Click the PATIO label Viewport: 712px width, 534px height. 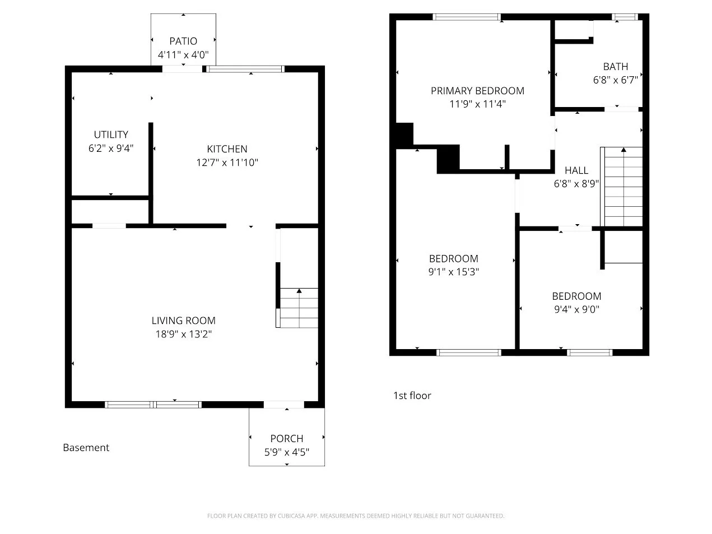pyautogui.click(x=183, y=41)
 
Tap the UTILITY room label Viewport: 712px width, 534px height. pyautogui.click(x=111, y=134)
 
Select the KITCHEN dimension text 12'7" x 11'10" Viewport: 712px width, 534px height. pyautogui.click(x=227, y=162)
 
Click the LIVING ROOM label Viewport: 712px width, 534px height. pyautogui.click(x=184, y=321)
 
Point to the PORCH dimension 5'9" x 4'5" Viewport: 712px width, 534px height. pyautogui.click(x=287, y=452)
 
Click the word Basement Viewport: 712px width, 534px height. pyautogui.click(x=86, y=448)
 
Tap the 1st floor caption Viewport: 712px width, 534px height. pyautogui.click(x=412, y=396)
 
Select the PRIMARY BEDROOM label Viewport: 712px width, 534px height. pyautogui.click(x=477, y=91)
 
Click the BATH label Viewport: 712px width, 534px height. pyautogui.click(x=616, y=67)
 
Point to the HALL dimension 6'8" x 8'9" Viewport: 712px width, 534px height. pyautogui.click(x=576, y=184)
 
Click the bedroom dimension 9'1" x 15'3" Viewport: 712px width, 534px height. pyautogui.click(x=454, y=272)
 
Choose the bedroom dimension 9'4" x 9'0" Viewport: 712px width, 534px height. pyautogui.click(x=577, y=309)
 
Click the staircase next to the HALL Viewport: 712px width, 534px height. pyautogui.click(x=621, y=187)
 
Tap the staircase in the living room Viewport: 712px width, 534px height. pyautogui.click(x=297, y=308)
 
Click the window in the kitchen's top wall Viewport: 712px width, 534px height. pyautogui.click(x=245, y=69)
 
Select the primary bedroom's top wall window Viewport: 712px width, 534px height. pyautogui.click(x=467, y=17)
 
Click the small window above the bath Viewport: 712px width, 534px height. pyautogui.click(x=625, y=17)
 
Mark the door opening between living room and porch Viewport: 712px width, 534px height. pyautogui.click(x=284, y=405)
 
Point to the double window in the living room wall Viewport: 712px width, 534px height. pyautogui.click(x=153, y=405)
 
